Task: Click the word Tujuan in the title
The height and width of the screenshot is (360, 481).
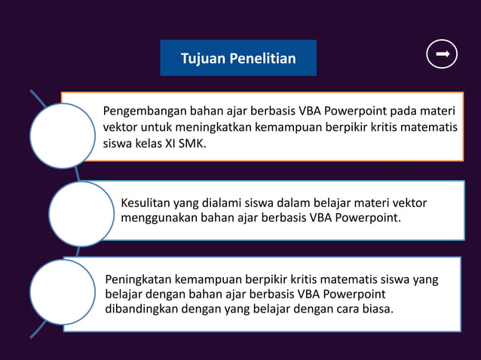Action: (x=200, y=59)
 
